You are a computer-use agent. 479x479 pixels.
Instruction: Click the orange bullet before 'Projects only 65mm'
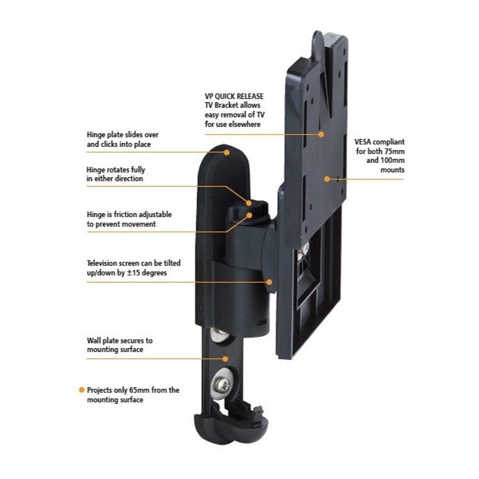[81, 390]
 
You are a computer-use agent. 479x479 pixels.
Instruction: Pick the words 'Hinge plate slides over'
[122, 135]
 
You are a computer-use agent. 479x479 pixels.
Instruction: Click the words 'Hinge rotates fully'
[117, 169]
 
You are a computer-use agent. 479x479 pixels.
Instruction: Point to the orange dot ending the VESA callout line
[327, 179]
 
